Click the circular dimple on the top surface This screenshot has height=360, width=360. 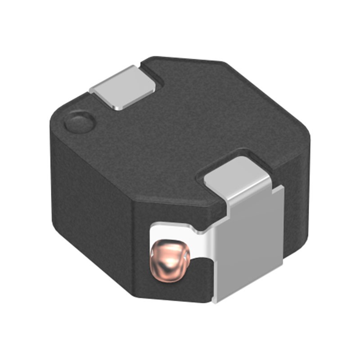[x=79, y=123]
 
